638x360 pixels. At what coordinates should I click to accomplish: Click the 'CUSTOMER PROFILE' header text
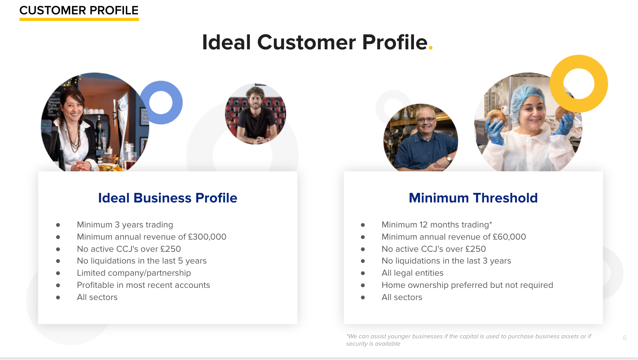click(79, 10)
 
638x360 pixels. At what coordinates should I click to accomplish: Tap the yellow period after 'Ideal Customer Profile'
click(430, 47)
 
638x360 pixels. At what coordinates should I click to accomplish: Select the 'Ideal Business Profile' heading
click(168, 198)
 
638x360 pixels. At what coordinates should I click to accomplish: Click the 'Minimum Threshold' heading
click(473, 198)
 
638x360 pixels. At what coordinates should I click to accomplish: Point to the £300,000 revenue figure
click(207, 237)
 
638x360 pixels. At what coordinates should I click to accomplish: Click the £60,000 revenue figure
click(510, 237)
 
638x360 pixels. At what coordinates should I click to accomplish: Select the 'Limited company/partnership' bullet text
click(134, 273)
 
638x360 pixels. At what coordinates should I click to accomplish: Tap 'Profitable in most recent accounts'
click(143, 285)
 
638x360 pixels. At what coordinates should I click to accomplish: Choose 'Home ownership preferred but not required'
click(467, 285)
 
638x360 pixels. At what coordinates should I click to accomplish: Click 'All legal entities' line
click(412, 273)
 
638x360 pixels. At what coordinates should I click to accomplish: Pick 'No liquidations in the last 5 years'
click(142, 261)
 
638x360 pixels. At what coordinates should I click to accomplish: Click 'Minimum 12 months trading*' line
click(437, 225)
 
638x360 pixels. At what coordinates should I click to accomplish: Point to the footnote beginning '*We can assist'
click(468, 340)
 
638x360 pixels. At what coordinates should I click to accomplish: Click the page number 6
click(625, 338)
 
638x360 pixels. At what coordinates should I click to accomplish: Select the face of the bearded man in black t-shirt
click(256, 99)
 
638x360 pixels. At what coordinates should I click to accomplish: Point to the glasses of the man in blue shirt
click(426, 120)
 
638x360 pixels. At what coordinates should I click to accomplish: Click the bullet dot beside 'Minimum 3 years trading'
click(58, 225)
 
